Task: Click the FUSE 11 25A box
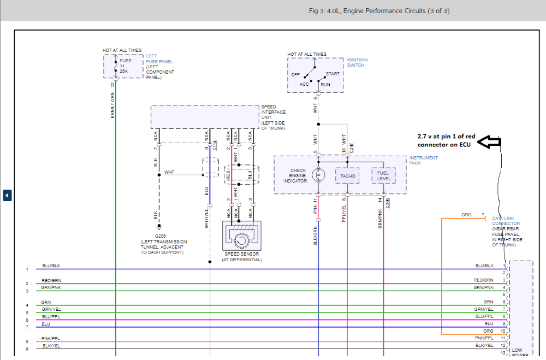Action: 123,66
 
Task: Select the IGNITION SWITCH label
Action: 357,62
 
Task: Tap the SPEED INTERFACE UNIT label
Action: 273,117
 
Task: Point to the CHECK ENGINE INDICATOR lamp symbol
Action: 318,175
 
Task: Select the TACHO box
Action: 348,176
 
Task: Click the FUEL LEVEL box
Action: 383,175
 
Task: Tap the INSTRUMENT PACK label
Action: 423,160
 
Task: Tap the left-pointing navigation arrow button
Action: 7,195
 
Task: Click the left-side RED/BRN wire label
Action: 51,280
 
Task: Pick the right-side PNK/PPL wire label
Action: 484,338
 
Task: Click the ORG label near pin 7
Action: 466,215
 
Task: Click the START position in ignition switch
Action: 333,74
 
